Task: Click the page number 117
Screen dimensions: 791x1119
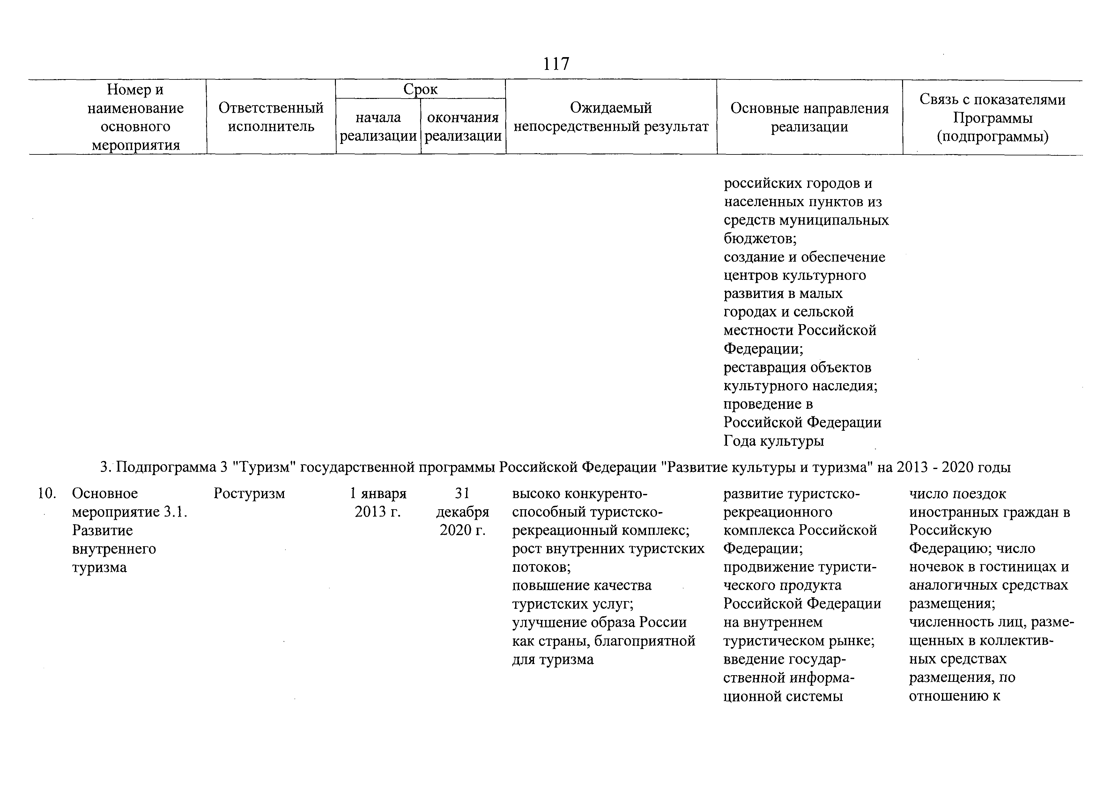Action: coord(556,64)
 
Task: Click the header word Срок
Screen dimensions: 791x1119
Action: coord(420,90)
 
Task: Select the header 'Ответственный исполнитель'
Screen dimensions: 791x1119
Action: coord(271,117)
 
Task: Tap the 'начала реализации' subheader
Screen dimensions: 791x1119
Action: coord(378,127)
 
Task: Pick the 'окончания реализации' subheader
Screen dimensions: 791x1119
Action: coord(463,127)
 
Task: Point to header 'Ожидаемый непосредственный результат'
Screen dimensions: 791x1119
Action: coord(611,117)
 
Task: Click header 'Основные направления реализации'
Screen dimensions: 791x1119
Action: coord(810,117)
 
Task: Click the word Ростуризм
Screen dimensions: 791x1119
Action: coord(249,494)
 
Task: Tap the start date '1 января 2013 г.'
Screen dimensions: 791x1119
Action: coord(378,503)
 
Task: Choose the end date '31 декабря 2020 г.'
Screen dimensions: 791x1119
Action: coord(463,512)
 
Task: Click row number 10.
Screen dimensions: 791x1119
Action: coord(47,494)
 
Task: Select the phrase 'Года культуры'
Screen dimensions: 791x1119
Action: coord(774,441)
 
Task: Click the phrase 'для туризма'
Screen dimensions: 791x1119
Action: coord(553,660)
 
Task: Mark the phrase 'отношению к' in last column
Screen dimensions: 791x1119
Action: coord(954,696)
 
